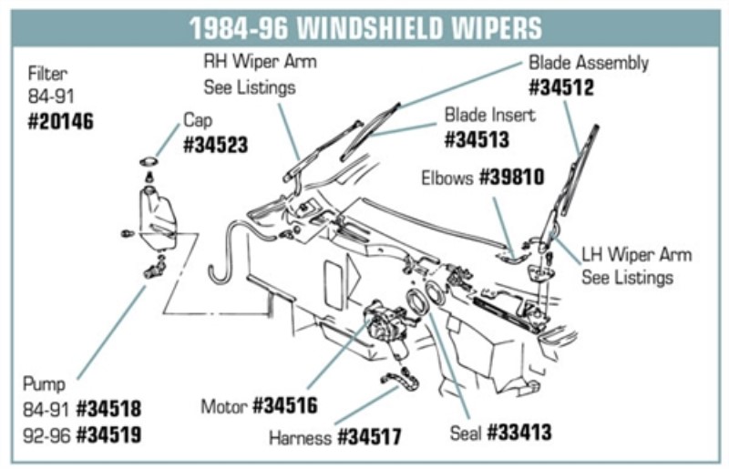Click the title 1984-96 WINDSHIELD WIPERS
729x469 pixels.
pos(364,28)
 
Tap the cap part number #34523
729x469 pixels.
pos(216,145)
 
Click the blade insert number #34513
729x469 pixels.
pos(477,140)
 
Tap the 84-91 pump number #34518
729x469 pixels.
pos(109,407)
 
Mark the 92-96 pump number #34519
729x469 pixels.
pos(109,433)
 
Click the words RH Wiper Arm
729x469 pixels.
pos(260,63)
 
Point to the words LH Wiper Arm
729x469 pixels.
pos(636,254)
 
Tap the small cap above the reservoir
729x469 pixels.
pos(147,162)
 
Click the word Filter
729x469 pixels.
pos(46,72)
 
